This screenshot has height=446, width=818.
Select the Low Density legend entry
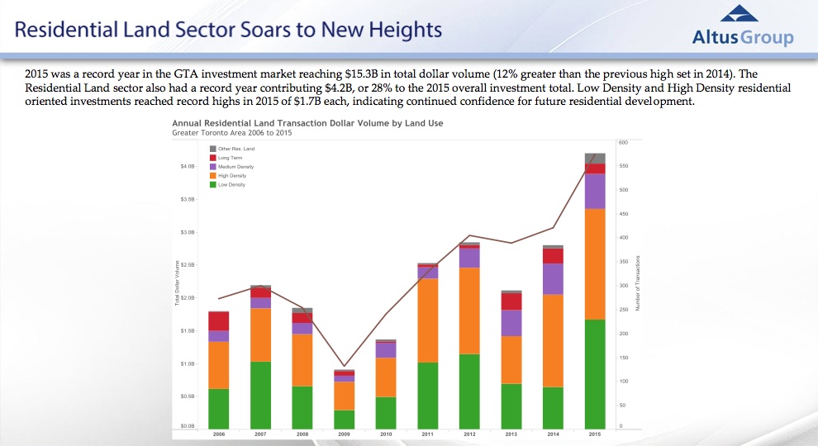[231, 184]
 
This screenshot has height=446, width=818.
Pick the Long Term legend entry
[228, 158]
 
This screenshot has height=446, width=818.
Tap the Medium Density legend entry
[235, 167]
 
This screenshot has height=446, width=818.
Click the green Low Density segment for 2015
[595, 372]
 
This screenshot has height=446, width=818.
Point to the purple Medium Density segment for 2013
[511, 323]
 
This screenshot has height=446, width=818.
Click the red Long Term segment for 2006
[219, 321]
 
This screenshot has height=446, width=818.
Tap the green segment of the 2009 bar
[344, 418]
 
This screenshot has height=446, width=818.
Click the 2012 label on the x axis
[469, 434]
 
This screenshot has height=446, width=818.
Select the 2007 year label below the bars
[260, 434]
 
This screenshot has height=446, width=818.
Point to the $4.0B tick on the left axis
[187, 167]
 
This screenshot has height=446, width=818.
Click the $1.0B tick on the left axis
[187, 363]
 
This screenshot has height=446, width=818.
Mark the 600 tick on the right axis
[624, 143]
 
